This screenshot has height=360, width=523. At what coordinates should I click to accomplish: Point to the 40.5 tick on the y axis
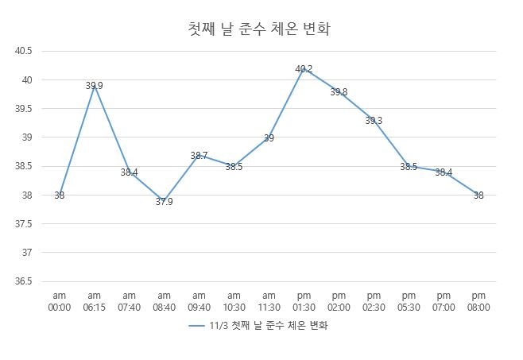click(24, 52)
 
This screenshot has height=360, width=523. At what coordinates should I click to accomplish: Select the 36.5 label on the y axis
click(24, 281)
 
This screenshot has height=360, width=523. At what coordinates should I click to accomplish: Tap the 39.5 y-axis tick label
click(24, 109)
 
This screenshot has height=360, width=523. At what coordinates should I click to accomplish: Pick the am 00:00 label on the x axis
click(60, 301)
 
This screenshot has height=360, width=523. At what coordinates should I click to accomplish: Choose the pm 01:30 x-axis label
click(304, 301)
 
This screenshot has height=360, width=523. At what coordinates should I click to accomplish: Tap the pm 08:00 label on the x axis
click(478, 301)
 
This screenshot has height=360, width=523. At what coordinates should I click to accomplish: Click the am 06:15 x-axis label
click(95, 301)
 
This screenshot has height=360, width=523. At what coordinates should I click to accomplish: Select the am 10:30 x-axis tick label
click(234, 301)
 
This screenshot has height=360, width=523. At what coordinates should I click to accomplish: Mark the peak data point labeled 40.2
click(304, 69)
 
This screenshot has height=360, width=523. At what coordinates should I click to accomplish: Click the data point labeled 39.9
click(95, 86)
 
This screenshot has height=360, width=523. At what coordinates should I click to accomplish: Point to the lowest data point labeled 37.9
click(164, 201)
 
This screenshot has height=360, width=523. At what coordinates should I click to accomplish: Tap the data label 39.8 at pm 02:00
click(339, 92)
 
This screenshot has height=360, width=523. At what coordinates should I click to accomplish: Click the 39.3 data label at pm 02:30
click(374, 121)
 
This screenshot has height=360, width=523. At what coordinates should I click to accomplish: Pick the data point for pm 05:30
click(409, 167)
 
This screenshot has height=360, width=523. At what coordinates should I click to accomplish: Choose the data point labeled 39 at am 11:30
click(269, 137)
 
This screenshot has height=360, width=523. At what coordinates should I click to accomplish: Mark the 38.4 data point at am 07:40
click(130, 172)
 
